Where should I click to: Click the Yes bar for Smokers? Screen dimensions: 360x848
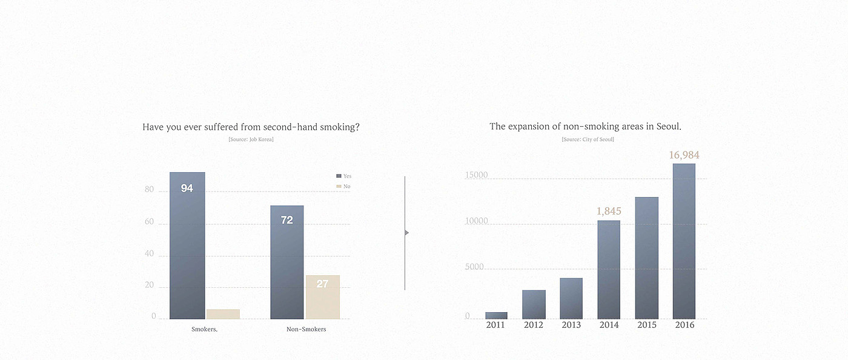click(x=187, y=245)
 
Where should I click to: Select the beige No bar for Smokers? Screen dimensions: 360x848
click(x=223, y=314)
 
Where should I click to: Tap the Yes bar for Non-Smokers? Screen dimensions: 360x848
click(x=287, y=262)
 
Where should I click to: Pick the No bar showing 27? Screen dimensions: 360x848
click(x=322, y=297)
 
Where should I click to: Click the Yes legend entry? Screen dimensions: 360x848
click(x=343, y=176)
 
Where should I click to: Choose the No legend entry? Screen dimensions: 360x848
click(x=343, y=186)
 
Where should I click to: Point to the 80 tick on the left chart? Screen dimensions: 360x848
click(x=149, y=190)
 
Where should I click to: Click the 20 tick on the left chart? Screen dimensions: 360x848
click(x=149, y=285)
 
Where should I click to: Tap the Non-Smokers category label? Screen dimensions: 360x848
click(x=306, y=329)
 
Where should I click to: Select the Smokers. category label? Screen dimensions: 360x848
click(x=204, y=329)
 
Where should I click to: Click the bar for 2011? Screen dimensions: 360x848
click(x=496, y=315)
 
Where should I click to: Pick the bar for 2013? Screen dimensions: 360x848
click(x=571, y=298)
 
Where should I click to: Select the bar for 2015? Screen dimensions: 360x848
click(x=646, y=258)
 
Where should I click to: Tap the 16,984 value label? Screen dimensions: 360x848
click(x=684, y=155)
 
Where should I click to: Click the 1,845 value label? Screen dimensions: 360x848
click(x=609, y=211)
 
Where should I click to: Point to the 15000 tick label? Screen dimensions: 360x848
click(x=476, y=175)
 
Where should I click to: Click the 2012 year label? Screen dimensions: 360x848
click(x=534, y=325)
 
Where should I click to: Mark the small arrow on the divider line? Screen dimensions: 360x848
click(x=406, y=233)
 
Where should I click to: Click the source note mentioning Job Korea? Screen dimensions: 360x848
click(x=251, y=139)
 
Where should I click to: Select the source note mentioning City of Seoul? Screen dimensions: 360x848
click(x=588, y=139)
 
